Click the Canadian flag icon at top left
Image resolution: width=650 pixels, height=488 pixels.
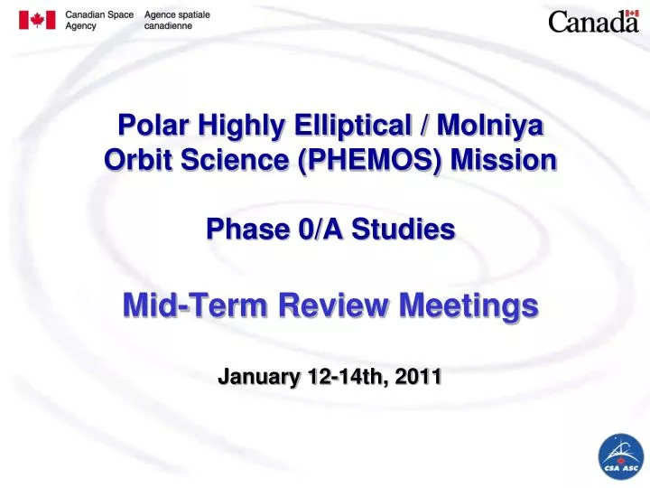37,21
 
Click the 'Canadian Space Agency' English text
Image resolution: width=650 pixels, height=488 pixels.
100,21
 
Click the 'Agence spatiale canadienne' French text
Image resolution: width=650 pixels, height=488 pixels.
177,21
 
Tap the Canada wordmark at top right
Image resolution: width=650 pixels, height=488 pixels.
593,23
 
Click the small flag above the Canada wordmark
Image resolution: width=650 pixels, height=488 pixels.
632,14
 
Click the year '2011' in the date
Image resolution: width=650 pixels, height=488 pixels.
417,378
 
